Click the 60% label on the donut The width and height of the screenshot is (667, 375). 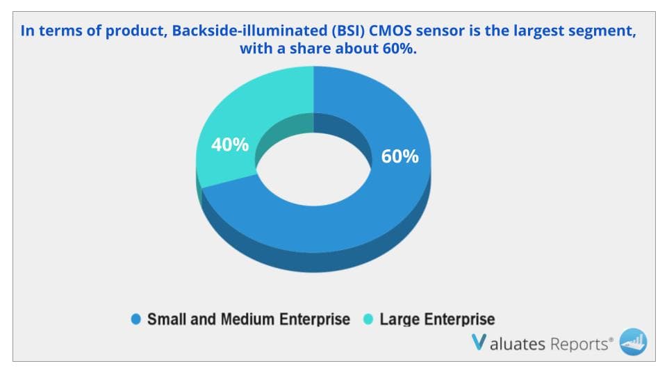click(400, 156)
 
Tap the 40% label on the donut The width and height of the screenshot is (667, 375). click(229, 145)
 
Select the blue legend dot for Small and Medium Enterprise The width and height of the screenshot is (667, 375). click(136, 319)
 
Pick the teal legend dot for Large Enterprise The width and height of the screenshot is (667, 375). click(369, 319)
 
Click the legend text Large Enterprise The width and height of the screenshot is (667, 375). click(437, 319)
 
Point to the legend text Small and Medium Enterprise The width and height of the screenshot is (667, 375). click(248, 319)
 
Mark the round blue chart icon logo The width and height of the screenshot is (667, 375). click(633, 342)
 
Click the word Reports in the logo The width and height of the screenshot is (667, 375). click(579, 344)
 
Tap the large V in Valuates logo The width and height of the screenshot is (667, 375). click(479, 343)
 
